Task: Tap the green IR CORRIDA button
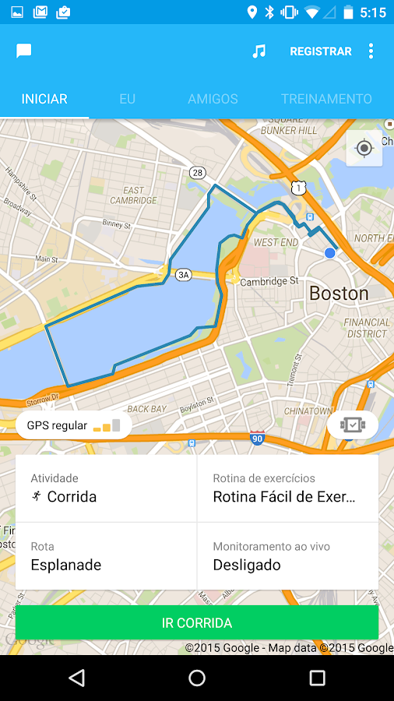coord(197,623)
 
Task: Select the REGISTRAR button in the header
coord(321,51)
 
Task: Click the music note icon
coord(259,51)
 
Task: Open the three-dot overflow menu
coord(371,51)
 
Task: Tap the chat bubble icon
coord(24,51)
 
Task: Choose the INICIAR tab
coord(44,99)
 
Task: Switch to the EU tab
coord(127,99)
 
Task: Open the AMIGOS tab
coord(213,99)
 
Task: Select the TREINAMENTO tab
coord(326,99)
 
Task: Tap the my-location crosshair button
coord(364,148)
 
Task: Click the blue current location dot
coord(330,253)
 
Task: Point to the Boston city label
coord(339,294)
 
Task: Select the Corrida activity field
coord(106,488)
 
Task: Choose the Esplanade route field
coord(106,556)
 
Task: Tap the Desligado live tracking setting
coord(288,556)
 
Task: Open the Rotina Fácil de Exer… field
coord(288,488)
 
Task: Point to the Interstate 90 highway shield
coord(257,439)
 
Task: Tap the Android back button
coord(76,678)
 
